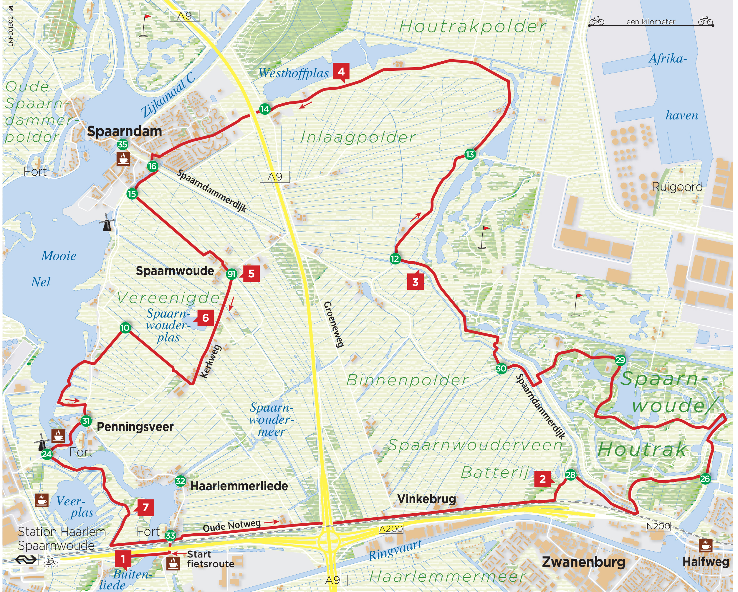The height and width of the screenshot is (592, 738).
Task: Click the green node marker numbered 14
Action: click(x=264, y=109)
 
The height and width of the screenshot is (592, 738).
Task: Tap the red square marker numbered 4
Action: click(x=341, y=72)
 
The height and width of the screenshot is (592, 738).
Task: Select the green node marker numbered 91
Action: click(x=231, y=274)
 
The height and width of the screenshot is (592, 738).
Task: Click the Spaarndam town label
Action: click(x=125, y=131)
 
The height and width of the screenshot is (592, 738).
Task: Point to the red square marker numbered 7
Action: click(x=145, y=507)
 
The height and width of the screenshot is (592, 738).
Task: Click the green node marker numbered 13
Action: click(x=470, y=154)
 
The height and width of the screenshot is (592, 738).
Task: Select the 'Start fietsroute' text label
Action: click(x=210, y=559)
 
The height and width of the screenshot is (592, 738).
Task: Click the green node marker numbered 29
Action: click(x=620, y=360)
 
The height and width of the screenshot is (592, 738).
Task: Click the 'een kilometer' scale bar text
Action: click(x=650, y=22)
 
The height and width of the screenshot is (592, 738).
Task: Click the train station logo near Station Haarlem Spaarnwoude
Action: click(x=26, y=560)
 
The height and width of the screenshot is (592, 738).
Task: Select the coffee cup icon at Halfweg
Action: click(x=705, y=545)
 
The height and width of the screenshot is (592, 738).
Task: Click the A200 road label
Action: click(x=390, y=529)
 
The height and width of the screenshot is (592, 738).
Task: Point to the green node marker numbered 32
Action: click(x=181, y=481)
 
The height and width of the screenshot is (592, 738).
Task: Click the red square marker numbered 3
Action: click(x=415, y=282)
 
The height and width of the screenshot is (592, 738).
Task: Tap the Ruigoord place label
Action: click(x=677, y=187)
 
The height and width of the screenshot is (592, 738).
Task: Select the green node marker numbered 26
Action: click(x=705, y=478)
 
